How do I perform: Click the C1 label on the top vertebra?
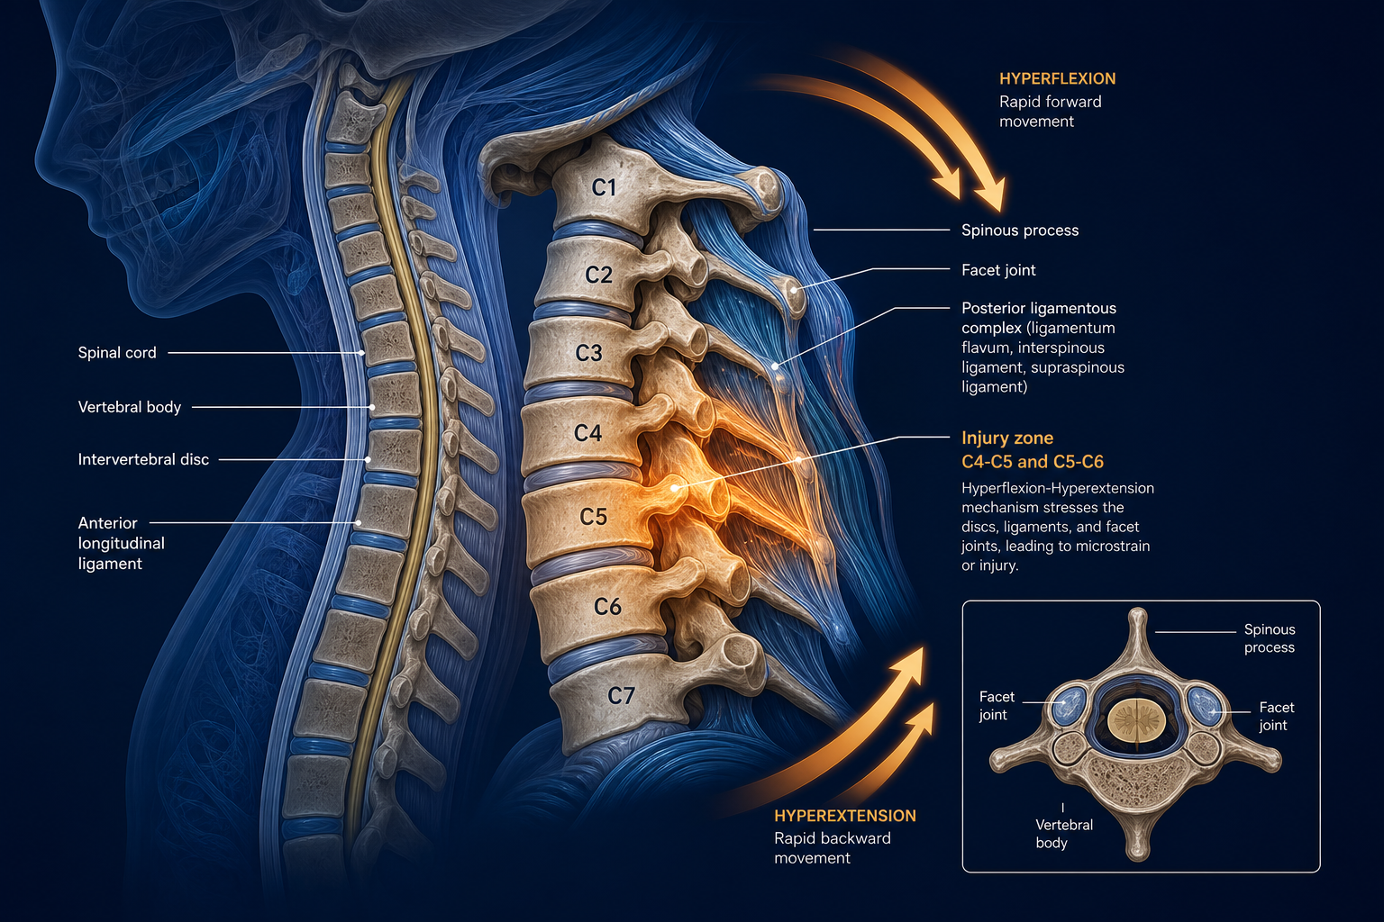[604, 187]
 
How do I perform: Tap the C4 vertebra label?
[587, 433]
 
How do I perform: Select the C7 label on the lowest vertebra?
[621, 696]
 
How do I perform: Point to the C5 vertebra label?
[593, 516]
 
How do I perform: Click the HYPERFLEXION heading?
[1057, 79]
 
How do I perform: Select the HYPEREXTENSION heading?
[844, 816]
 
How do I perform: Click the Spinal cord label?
[117, 353]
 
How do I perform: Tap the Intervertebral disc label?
[143, 459]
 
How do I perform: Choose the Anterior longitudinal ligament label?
[121, 544]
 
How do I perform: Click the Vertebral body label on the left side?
[129, 407]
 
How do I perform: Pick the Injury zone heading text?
[1007, 438]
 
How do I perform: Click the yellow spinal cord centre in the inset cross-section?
[1136, 720]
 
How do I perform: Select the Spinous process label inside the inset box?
[1269, 638]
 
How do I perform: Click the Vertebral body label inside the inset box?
[1063, 834]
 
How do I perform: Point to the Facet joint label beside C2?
[998, 270]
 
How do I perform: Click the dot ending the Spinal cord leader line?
[362, 353]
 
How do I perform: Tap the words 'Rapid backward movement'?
[833, 848]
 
